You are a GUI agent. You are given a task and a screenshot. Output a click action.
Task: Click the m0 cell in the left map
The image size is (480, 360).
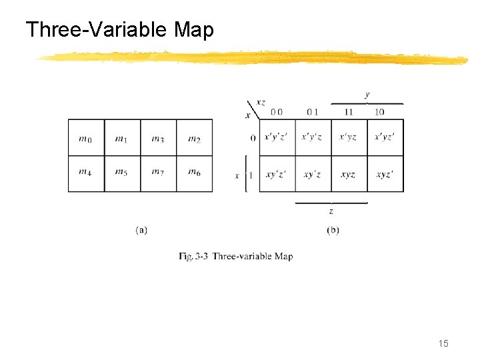[x=85, y=139]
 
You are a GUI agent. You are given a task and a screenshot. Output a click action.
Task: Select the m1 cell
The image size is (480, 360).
[x=122, y=139]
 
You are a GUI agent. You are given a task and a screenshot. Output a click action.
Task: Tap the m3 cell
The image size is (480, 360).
[x=158, y=139]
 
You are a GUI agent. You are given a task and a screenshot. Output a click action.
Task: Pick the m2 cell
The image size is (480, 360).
[x=194, y=139]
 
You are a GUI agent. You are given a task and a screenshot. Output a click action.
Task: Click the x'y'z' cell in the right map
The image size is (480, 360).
[x=276, y=137]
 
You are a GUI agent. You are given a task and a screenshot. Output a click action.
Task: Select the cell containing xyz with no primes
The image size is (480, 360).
[x=348, y=175]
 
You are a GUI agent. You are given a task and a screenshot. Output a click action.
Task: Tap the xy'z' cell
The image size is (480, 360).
[x=276, y=175]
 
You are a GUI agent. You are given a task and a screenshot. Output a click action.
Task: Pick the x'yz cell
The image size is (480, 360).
[x=348, y=137]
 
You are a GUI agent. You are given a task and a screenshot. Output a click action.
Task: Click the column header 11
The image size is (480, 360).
[x=349, y=112]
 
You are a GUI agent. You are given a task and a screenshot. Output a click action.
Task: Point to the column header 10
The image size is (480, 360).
[x=379, y=112]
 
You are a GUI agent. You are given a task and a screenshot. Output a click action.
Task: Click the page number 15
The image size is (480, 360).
[x=443, y=343]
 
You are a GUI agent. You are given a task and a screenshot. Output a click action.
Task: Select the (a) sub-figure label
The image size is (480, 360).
[x=141, y=230]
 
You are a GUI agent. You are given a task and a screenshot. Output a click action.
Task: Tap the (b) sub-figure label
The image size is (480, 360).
[x=333, y=230]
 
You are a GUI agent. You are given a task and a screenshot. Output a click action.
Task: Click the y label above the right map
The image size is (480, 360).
[x=367, y=95]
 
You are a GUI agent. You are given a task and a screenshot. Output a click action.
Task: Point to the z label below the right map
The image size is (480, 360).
[x=331, y=211]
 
